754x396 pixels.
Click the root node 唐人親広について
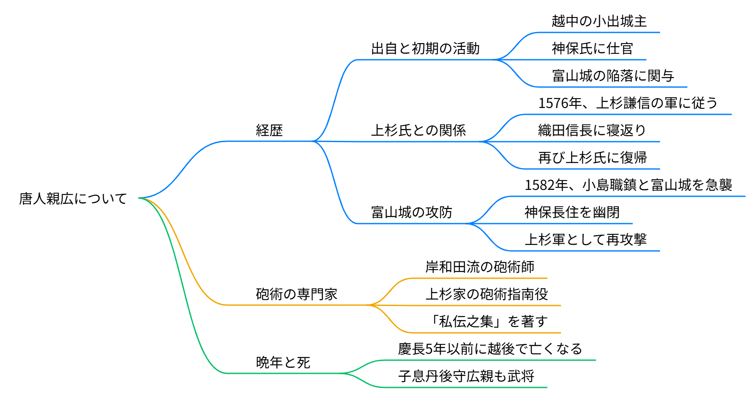[x=73, y=198]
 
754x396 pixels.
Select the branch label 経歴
[x=269, y=130]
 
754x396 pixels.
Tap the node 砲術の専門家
[x=297, y=294]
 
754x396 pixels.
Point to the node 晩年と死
[x=283, y=362]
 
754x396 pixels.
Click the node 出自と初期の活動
[x=425, y=49]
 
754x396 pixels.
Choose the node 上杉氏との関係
[x=418, y=130]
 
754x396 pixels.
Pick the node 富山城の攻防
[x=412, y=212]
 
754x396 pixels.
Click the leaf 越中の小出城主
[x=599, y=21]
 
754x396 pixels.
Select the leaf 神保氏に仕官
[x=592, y=49]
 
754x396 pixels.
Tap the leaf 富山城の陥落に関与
[x=613, y=76]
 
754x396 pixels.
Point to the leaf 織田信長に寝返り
[x=592, y=130]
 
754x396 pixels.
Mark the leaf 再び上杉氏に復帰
[x=592, y=157]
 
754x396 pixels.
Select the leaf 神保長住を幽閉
[x=572, y=212]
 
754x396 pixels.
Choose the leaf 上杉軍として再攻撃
[x=585, y=239]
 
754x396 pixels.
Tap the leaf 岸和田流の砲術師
[x=480, y=267]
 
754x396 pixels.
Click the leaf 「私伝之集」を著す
[x=487, y=321]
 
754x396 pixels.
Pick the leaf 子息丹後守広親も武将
[x=466, y=376]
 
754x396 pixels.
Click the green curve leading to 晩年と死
[x=184, y=299]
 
